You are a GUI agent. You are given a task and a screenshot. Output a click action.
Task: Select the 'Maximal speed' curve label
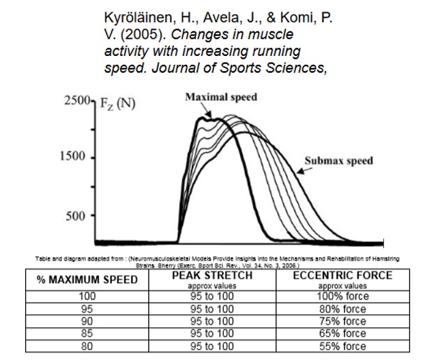(221, 97)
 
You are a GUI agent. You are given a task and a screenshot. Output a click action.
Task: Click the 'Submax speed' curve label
(339, 161)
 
